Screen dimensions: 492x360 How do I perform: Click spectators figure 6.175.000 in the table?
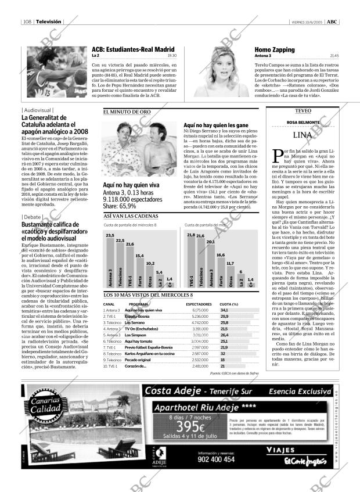[199, 310]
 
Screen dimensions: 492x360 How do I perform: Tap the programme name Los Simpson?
[136, 335]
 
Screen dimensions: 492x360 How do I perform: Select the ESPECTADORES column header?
[198, 304]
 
